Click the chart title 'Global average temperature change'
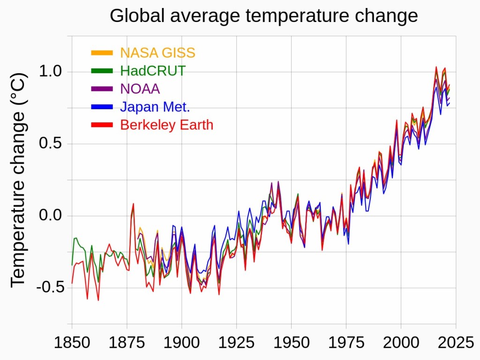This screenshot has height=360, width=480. click(x=263, y=16)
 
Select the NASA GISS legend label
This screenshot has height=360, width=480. click(x=157, y=53)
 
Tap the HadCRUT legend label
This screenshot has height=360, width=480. click(x=153, y=71)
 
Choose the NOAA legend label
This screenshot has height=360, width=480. click(x=140, y=89)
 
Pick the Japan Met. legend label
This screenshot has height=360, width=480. click(x=155, y=107)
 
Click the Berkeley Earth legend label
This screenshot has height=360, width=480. click(x=166, y=125)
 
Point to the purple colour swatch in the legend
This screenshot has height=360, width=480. click(x=102, y=89)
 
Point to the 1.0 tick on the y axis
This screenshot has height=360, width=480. click(x=50, y=72)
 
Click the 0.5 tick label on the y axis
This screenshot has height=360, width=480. click(x=50, y=144)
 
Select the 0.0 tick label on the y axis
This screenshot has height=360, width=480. click(x=50, y=216)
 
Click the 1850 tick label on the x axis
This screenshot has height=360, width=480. click(x=72, y=343)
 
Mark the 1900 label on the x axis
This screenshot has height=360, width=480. click(x=182, y=343)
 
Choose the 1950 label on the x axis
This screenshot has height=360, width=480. click(x=292, y=343)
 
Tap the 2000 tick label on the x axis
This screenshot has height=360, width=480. click(x=401, y=343)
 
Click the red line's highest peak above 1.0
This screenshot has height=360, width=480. click(x=436, y=67)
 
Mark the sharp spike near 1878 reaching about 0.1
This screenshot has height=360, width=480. click(x=134, y=204)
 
